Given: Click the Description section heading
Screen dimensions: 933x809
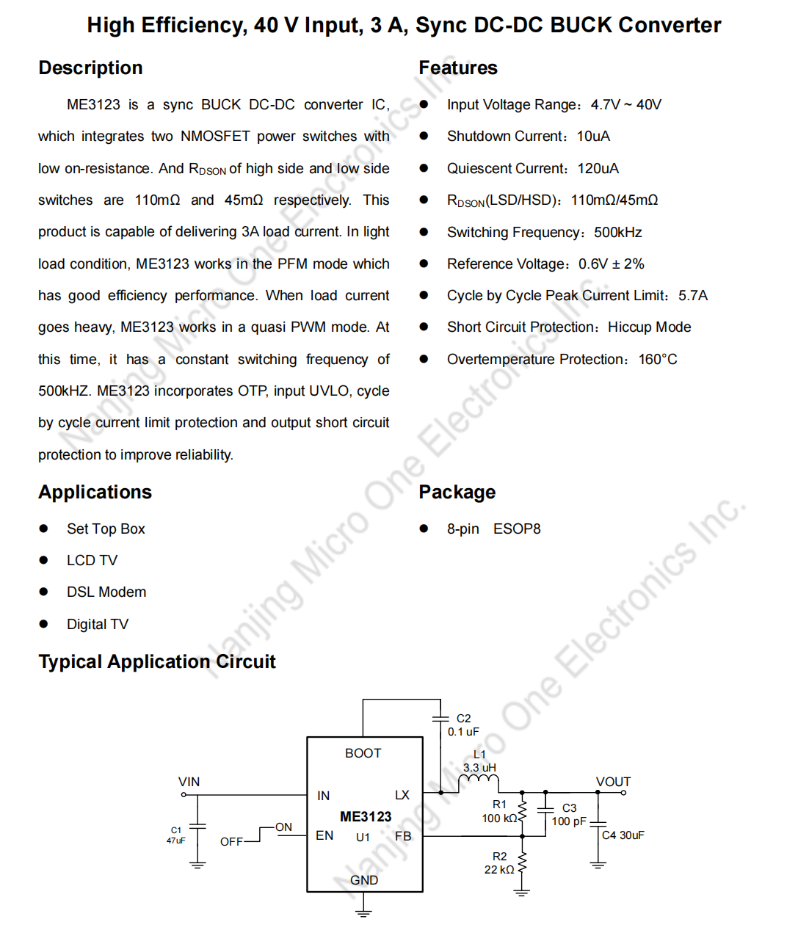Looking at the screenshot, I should pyautogui.click(x=90, y=68).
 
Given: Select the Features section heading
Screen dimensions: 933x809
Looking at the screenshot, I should pyautogui.click(x=458, y=68).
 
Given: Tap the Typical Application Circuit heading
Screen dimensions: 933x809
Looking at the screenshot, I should pyautogui.click(x=157, y=662).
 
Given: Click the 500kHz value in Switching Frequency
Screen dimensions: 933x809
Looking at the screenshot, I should pyautogui.click(x=618, y=233).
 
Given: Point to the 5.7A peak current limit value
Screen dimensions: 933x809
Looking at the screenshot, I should pyautogui.click(x=693, y=296).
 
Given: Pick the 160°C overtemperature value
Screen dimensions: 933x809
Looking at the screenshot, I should pyautogui.click(x=658, y=360).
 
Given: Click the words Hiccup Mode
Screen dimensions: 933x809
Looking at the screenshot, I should pyautogui.click(x=650, y=327).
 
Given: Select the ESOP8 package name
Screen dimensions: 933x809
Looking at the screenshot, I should pyautogui.click(x=517, y=529).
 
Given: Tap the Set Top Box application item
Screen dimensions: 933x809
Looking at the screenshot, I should pyautogui.click(x=106, y=529).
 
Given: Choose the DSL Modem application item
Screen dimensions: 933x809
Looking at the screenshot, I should pyautogui.click(x=106, y=592).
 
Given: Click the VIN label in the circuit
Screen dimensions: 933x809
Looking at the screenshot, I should pyautogui.click(x=189, y=782).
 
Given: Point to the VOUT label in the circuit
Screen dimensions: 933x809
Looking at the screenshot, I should pyautogui.click(x=613, y=782).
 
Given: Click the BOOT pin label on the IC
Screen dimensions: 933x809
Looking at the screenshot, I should pyautogui.click(x=363, y=753).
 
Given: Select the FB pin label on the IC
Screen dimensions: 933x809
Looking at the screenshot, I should pyautogui.click(x=403, y=836).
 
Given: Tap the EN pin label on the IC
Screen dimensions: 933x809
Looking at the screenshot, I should pyautogui.click(x=324, y=835).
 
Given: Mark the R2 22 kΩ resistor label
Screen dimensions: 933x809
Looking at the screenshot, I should pyautogui.click(x=499, y=863).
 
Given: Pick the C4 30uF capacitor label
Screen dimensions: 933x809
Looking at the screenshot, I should pyautogui.click(x=623, y=835).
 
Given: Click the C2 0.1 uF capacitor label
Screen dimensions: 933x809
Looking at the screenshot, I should pyautogui.click(x=463, y=725).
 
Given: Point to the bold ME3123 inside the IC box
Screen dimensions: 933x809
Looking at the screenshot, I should pyautogui.click(x=366, y=817).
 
